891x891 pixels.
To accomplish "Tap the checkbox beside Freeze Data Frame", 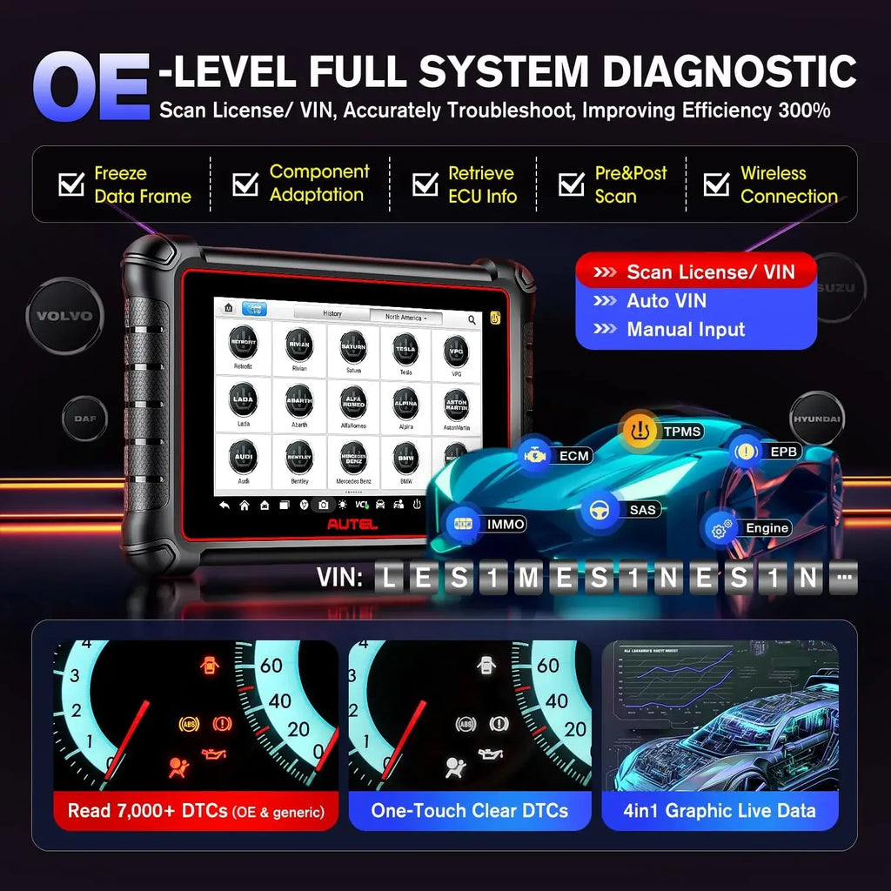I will pos(70,184).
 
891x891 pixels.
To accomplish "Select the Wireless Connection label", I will pos(787,184).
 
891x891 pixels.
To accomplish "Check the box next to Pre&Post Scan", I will pos(572,184).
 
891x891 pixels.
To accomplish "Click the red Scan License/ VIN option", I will pos(696,272).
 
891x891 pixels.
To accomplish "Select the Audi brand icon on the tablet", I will pos(243,459).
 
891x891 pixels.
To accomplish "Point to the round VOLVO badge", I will pos(64,315).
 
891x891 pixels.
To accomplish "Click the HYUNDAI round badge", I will pos(816,419).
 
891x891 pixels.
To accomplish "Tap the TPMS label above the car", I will pos(683,431).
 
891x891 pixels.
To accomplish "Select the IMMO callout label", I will pos(506,524).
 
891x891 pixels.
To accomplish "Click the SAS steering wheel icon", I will pos(599,509).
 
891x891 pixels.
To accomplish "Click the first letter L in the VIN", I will pos(388,577).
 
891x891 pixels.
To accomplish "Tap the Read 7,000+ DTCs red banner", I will pos(196,811).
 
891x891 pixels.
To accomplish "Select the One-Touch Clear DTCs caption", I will pos(469,811).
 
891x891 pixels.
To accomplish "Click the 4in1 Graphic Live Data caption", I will pos(720,811).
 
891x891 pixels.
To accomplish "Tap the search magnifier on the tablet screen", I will pos(472,319).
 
